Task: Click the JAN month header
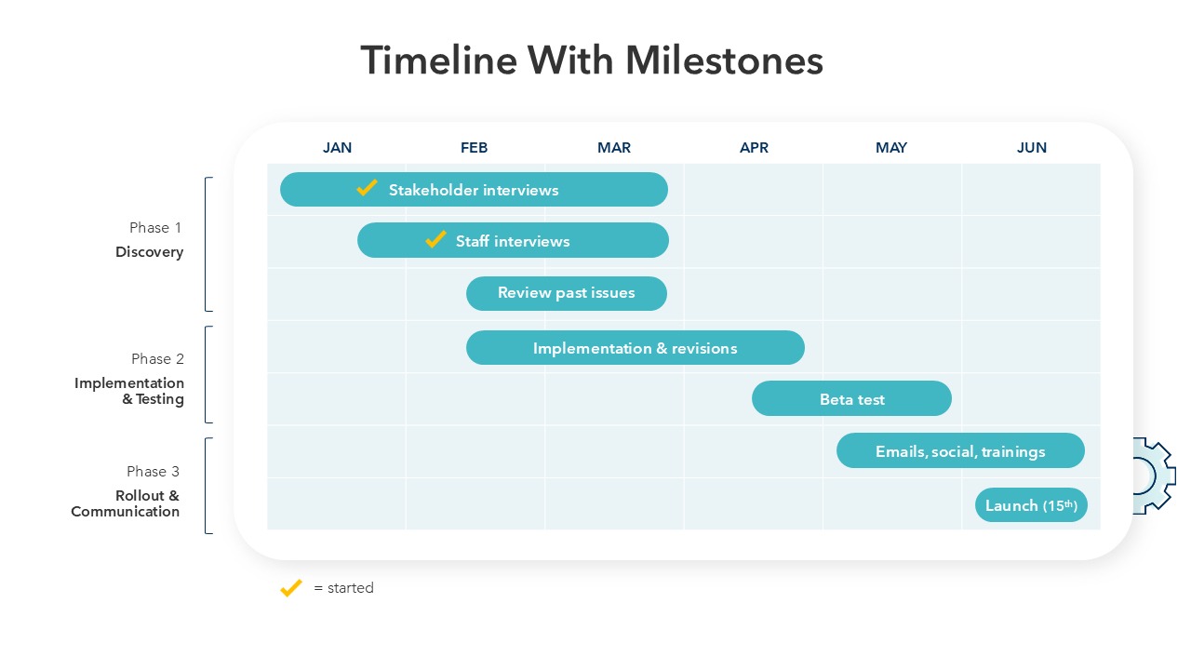[x=337, y=147]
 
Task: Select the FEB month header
[x=474, y=147]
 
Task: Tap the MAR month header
[x=613, y=147]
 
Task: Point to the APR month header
[x=754, y=147]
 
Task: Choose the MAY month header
[x=891, y=147]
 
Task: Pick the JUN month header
[x=1032, y=147]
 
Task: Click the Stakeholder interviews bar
[x=474, y=189]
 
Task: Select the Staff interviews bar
[x=513, y=240]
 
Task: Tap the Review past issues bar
[x=567, y=293]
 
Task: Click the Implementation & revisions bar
[x=636, y=348]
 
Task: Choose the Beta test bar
[x=851, y=398]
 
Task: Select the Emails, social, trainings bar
[x=960, y=450]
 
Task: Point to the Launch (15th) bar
[x=1031, y=504]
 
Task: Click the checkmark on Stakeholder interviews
[x=367, y=188]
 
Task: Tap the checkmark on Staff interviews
[x=435, y=239]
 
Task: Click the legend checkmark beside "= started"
[x=291, y=588]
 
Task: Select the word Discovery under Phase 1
[x=150, y=252]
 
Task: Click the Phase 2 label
[x=157, y=359]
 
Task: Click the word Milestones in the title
[x=724, y=60]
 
